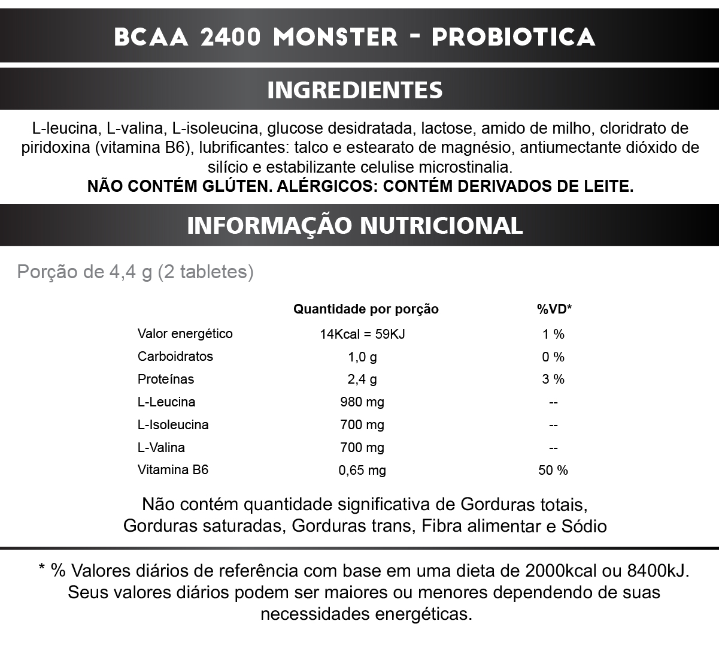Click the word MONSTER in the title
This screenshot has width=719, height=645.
tap(335, 37)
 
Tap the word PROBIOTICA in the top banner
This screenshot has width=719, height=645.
tap(513, 37)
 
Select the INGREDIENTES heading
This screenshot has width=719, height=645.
tap(355, 90)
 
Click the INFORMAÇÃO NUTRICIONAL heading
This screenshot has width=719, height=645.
tap(355, 225)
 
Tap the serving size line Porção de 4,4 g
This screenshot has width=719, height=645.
tap(135, 272)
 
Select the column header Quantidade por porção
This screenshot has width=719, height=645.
tap(366, 309)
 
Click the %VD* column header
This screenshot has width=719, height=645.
tap(554, 309)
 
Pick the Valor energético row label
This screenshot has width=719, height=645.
tap(185, 334)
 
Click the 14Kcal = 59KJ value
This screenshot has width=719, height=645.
tap(363, 334)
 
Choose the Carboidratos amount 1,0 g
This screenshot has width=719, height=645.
tap(362, 357)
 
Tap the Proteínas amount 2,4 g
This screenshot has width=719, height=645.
tap(362, 379)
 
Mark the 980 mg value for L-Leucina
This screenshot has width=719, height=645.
tap(362, 402)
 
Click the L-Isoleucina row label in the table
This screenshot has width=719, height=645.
tap(173, 425)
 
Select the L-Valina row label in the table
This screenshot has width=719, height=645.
tap(161, 448)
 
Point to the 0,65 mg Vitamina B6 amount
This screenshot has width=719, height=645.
tap(362, 471)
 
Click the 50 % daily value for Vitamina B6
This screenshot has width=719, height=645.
tap(553, 471)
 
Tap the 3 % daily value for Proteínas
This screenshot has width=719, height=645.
tap(553, 379)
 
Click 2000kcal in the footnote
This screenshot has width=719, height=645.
tap(560, 570)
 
